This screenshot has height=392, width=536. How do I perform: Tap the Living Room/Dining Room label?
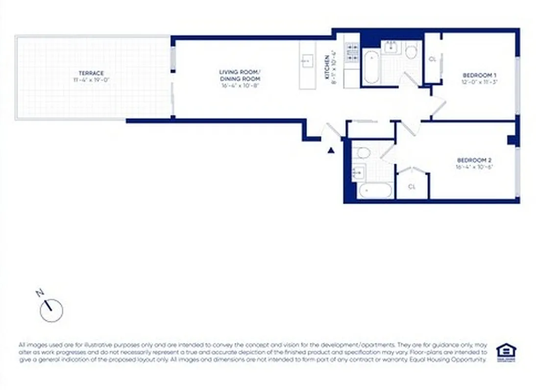click(x=240, y=75)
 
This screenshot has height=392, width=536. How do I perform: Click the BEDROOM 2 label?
click(x=474, y=160)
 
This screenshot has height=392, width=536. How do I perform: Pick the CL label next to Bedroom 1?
click(x=432, y=59)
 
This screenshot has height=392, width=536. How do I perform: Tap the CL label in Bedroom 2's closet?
click(x=412, y=187)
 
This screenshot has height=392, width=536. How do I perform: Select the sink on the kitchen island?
click(x=307, y=61)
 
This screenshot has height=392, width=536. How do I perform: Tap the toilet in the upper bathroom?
click(x=412, y=50)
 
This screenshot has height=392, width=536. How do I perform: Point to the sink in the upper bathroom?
click(x=391, y=48)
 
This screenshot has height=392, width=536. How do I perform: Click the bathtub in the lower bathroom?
click(x=375, y=190)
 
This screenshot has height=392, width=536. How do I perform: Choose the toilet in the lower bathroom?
click(x=363, y=153)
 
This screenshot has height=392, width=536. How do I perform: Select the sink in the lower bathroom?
click(x=358, y=172)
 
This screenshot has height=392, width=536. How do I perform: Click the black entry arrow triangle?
click(x=331, y=150)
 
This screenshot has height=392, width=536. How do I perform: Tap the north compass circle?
click(x=51, y=310)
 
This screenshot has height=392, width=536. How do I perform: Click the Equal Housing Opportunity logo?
click(x=506, y=351)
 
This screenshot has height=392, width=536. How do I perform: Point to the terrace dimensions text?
click(x=92, y=79)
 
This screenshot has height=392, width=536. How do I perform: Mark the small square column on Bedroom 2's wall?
click(x=512, y=140)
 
